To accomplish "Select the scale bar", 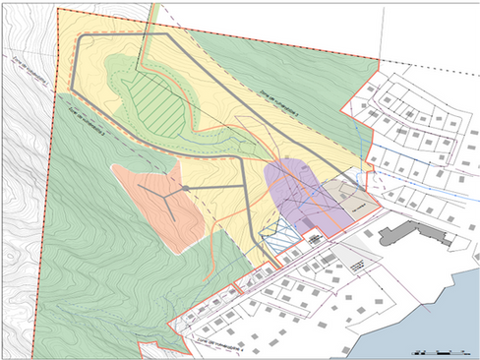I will [x=439, y=349].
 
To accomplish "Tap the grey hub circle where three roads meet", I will [x=184, y=187].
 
